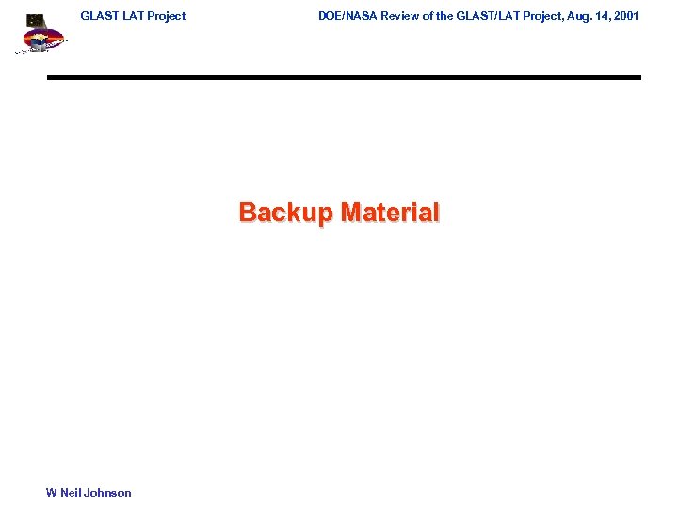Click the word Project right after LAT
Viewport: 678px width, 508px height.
click(166, 16)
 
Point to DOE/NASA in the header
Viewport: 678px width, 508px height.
click(347, 16)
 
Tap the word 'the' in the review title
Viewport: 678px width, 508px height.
click(444, 16)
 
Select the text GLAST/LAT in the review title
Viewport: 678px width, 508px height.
click(485, 16)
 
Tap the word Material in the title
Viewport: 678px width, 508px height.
click(390, 212)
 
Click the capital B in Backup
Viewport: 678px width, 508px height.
click(248, 212)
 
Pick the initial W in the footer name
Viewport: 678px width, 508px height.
click(51, 493)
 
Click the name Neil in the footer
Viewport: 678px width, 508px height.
click(72, 493)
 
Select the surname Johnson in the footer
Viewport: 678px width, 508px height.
click(109, 493)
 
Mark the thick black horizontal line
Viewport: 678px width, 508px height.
click(344, 77)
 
